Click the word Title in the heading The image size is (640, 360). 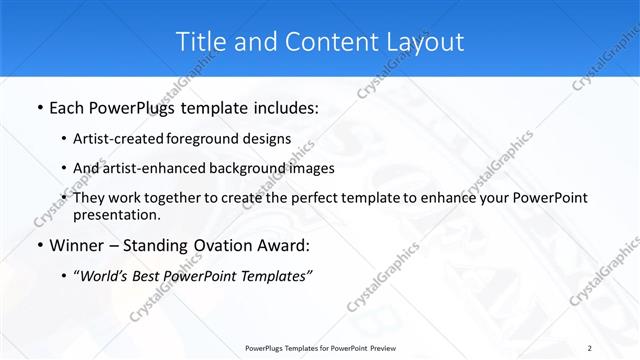point(198,41)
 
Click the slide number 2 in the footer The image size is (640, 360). point(590,347)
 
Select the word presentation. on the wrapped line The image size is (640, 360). point(117,214)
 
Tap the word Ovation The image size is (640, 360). point(219,246)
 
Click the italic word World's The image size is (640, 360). point(104,276)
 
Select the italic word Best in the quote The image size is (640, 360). point(149,276)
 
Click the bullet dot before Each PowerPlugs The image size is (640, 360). point(39,106)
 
